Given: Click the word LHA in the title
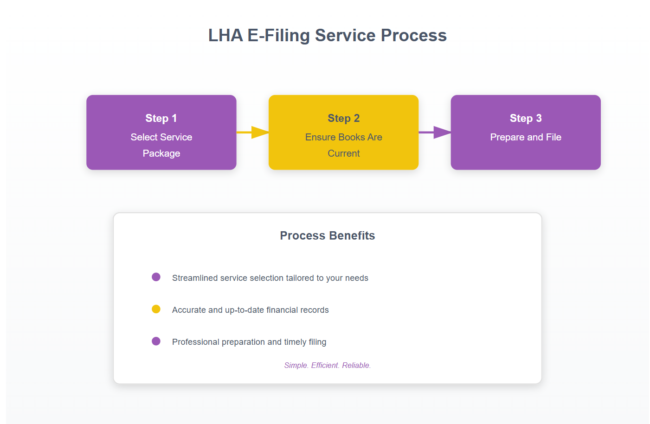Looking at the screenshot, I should (x=225, y=36).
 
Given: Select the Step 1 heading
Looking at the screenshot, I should (x=161, y=118).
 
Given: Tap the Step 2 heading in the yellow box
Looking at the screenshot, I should (x=343, y=118).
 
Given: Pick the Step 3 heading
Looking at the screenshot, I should (x=525, y=118).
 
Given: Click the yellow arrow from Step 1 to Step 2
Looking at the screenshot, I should (x=253, y=132).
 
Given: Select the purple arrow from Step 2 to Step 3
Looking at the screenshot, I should (x=435, y=132).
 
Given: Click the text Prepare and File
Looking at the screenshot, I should (x=525, y=137).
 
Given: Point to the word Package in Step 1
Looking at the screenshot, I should (x=161, y=153).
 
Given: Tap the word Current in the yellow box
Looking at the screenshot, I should (x=343, y=153).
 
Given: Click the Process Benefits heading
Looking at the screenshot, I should (x=327, y=235).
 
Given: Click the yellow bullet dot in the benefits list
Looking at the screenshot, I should (x=156, y=309).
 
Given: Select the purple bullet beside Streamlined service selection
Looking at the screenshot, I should (x=156, y=277).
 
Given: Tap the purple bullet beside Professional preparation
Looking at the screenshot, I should (x=156, y=341).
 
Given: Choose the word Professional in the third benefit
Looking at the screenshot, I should (x=195, y=342).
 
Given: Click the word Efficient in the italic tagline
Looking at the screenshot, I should (x=325, y=365).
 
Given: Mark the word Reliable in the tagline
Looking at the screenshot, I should (x=356, y=365).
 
